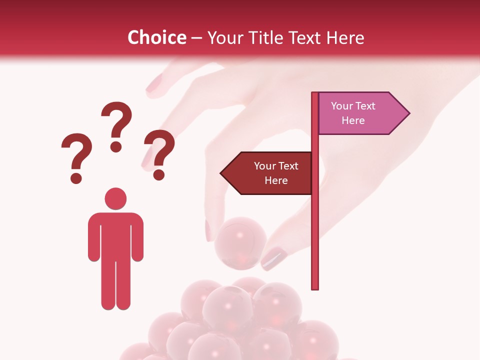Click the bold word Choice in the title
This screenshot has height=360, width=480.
tap(156, 37)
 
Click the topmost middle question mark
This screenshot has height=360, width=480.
tap(117, 125)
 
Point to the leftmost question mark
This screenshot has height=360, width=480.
tap(76, 156)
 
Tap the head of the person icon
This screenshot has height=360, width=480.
tap(115, 198)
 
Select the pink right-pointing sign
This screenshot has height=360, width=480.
tap(357, 113)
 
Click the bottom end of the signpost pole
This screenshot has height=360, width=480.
tap(315, 286)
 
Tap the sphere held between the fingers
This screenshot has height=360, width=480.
tap(239, 243)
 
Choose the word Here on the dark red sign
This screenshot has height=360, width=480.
tap(276, 180)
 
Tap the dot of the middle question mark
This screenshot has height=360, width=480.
tap(116, 146)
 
